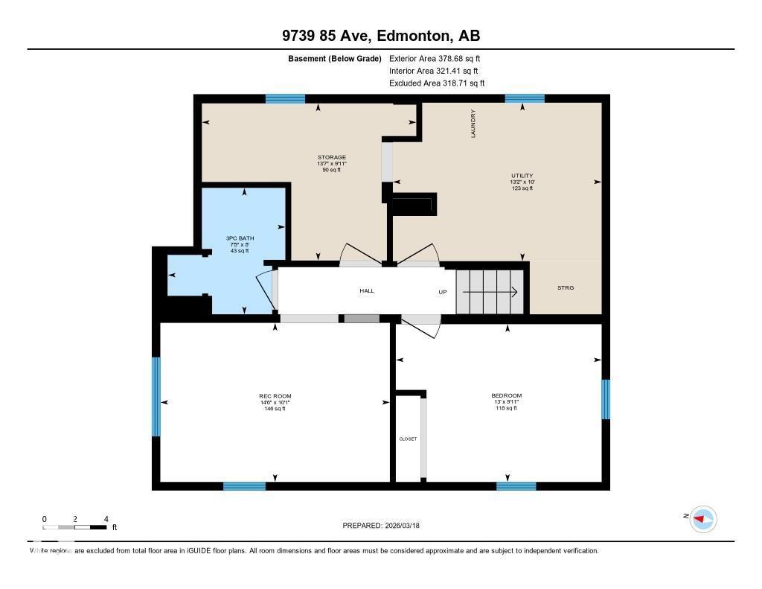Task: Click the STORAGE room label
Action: [x=332, y=158]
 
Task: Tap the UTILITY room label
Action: [x=522, y=176]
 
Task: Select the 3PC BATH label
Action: [x=240, y=238]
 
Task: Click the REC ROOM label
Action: [x=275, y=396]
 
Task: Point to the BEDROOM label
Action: [x=506, y=395]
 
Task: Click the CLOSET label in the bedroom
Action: [x=408, y=439]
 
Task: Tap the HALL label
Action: [x=367, y=290]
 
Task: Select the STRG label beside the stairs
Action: [x=566, y=287]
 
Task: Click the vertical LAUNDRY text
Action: [x=473, y=124]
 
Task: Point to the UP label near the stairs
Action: [x=442, y=292]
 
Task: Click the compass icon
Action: [x=702, y=518]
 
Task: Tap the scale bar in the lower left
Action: [x=75, y=527]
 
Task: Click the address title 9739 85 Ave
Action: [x=380, y=36]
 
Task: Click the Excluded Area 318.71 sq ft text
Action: [x=436, y=83]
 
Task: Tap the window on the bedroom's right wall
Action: [x=606, y=399]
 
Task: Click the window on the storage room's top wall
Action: [x=286, y=98]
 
